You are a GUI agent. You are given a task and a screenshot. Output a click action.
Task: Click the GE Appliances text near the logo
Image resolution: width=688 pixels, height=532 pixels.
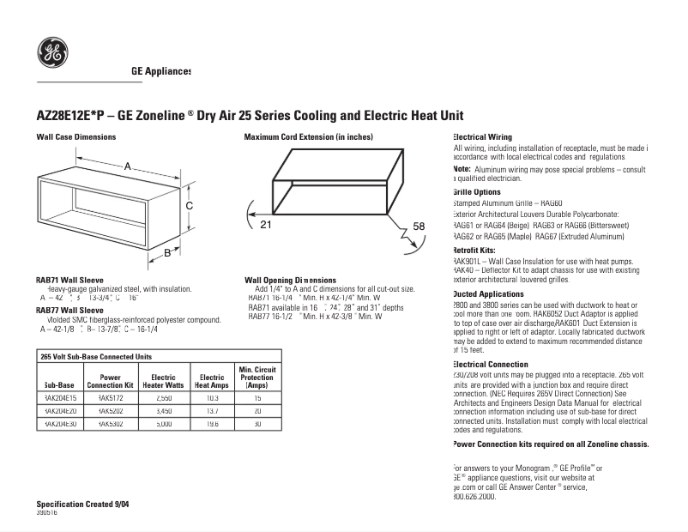point(160,71)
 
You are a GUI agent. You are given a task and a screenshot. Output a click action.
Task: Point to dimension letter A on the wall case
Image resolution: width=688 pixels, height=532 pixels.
point(128,166)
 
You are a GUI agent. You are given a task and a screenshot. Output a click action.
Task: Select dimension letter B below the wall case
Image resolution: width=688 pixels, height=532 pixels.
point(167,252)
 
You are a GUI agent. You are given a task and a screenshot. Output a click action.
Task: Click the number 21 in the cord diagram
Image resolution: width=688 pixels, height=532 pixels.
point(265,225)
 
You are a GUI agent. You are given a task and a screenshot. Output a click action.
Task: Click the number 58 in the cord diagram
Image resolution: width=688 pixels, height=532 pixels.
point(419,226)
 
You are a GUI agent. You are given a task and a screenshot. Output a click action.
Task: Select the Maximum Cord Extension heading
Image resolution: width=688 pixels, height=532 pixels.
point(308,137)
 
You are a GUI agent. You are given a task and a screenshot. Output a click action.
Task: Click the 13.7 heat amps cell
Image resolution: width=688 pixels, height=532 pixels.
point(211,411)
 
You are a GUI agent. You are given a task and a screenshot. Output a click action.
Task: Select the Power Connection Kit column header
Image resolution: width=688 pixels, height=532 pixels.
point(110,381)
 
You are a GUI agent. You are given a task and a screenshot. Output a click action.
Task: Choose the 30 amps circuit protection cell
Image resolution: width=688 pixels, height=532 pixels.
point(256,423)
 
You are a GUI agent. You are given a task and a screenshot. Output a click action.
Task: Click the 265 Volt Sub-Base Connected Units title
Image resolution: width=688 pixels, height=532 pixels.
point(96,355)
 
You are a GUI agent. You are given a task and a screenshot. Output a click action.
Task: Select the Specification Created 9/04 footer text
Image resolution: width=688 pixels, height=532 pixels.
point(88,503)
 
